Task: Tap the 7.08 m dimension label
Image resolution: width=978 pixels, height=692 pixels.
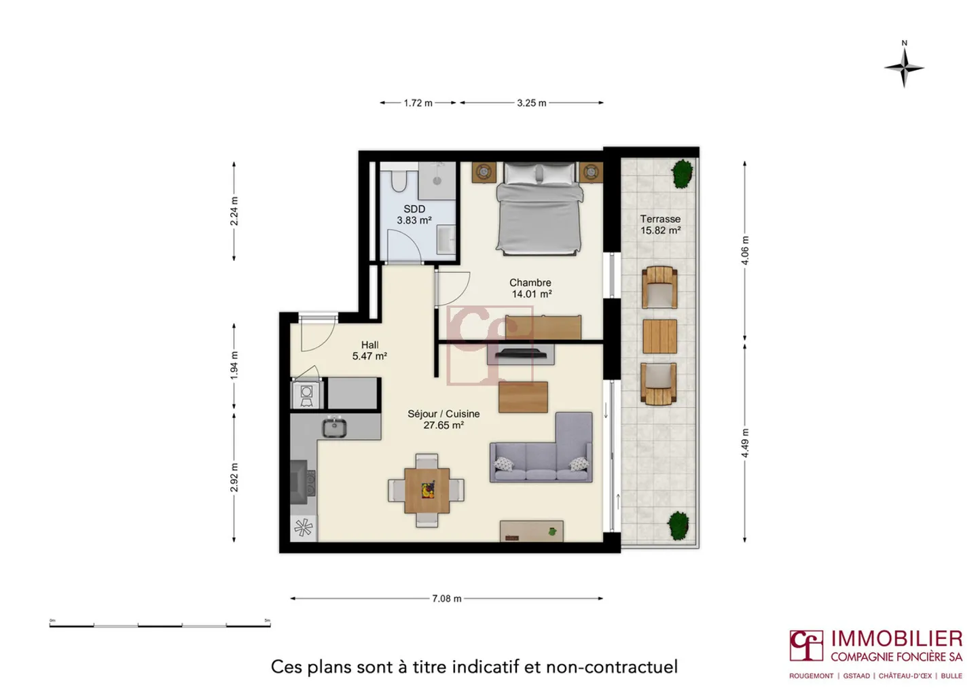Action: [x=446, y=599]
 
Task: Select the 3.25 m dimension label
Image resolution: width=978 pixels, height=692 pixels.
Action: [x=531, y=103]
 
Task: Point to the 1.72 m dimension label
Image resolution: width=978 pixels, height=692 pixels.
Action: [x=418, y=103]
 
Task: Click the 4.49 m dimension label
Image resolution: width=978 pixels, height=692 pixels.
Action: [x=745, y=443]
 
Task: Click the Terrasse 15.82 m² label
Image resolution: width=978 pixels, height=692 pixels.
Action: [x=660, y=224]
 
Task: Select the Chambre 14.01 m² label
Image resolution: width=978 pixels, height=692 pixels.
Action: [x=530, y=288]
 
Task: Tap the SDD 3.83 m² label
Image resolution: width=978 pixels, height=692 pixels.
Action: [x=414, y=215]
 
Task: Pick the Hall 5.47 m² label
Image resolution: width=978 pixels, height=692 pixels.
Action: [x=369, y=351]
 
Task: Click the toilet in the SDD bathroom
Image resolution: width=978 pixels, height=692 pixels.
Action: [x=399, y=181]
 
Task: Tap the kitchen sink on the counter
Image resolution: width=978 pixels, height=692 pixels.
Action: [x=334, y=428]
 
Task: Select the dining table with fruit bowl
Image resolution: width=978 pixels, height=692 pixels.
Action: [x=427, y=490]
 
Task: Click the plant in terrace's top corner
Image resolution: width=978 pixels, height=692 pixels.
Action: [x=682, y=173]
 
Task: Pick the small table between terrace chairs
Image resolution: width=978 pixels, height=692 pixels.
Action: [x=659, y=336]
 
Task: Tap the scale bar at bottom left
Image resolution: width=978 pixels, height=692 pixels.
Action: [x=160, y=624]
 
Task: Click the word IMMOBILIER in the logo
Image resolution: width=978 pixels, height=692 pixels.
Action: [x=896, y=639]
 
